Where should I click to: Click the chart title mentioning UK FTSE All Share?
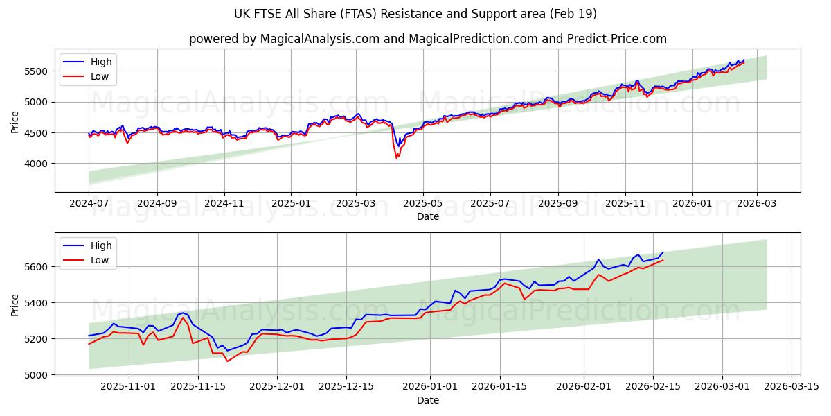(x=415, y=14)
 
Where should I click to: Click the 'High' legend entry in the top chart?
(x=101, y=62)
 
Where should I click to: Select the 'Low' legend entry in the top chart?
(x=100, y=76)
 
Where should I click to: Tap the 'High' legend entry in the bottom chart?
(x=101, y=245)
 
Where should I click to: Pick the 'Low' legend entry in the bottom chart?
(x=100, y=260)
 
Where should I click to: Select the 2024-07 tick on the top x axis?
(x=89, y=205)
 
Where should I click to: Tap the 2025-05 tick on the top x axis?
(x=422, y=205)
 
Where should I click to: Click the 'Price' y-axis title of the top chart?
(x=15, y=121)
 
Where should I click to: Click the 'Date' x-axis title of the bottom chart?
(x=427, y=400)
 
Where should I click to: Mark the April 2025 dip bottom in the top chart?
(x=397, y=158)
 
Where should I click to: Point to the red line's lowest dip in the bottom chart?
(x=227, y=361)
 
